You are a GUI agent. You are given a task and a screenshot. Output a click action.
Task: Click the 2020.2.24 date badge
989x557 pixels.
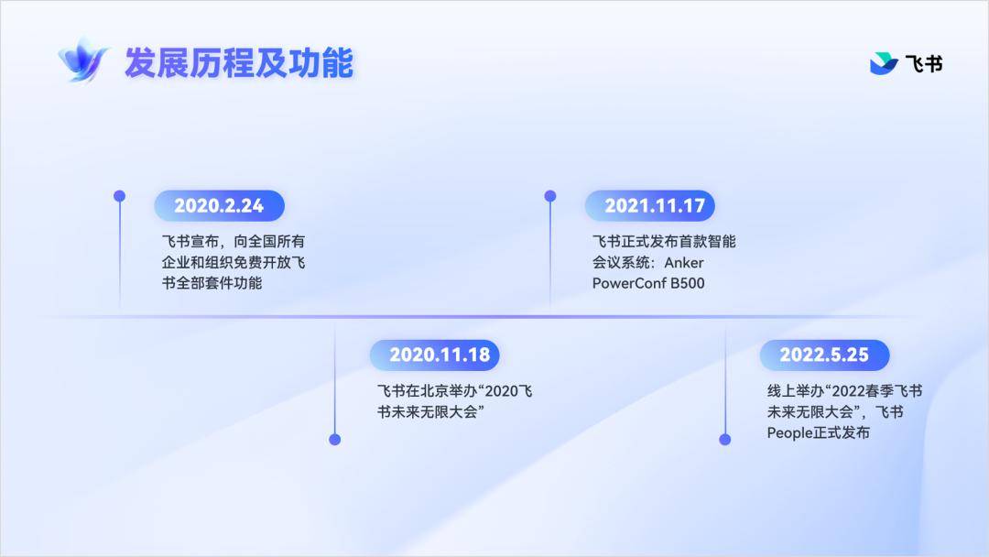coord(220,205)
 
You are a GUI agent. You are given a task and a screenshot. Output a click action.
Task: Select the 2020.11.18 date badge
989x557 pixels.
coord(435,355)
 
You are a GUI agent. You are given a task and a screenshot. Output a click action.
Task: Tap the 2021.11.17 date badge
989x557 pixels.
coord(650,205)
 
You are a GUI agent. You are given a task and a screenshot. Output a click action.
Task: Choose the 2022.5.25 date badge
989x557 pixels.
coord(825,355)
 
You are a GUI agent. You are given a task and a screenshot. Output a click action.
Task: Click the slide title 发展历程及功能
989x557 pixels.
coord(239,63)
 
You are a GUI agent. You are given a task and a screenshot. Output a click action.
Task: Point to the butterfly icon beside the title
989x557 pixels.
coord(82,60)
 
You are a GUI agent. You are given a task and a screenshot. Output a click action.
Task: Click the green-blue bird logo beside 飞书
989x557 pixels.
coord(884,64)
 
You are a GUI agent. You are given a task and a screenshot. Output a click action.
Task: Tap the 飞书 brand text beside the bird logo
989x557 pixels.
coord(924,64)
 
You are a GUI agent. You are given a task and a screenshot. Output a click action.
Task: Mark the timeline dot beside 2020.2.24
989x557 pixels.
coord(119,196)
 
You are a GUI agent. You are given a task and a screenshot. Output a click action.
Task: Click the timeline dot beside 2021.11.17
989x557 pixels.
coord(550,196)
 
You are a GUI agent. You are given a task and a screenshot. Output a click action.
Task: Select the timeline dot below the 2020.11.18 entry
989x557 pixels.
coord(335,440)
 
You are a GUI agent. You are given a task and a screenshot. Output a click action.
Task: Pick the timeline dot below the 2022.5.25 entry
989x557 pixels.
coord(725,440)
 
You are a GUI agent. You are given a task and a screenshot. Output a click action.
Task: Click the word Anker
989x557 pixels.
coord(684,262)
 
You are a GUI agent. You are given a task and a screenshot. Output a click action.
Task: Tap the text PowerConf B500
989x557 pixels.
coord(648,283)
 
